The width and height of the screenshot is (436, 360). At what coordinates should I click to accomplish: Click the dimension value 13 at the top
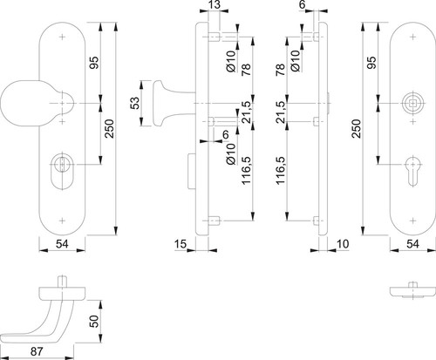click(215, 5)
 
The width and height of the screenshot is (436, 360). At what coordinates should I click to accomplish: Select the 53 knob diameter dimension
click(135, 103)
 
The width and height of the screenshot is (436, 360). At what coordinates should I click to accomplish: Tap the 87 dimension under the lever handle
click(37, 351)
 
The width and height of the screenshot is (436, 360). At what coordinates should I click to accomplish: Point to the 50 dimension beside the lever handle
click(94, 322)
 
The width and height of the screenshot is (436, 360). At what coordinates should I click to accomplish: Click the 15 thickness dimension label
click(181, 244)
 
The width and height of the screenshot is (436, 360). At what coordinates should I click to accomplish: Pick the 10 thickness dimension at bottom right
click(343, 244)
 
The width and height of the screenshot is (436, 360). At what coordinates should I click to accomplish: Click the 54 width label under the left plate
click(62, 244)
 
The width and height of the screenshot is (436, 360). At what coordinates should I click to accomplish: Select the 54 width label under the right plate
click(412, 244)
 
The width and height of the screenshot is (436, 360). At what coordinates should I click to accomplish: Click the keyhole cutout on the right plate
click(413, 171)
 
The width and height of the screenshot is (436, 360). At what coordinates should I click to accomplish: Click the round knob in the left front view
click(24, 104)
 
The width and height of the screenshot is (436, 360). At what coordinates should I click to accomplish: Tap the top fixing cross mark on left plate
click(62, 37)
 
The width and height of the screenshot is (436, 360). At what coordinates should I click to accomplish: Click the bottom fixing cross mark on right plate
click(413, 221)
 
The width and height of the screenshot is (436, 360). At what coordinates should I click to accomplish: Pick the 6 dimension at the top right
click(303, 5)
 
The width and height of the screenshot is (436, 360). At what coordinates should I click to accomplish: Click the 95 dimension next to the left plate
click(94, 63)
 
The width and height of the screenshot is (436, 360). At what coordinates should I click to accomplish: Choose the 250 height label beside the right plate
click(357, 128)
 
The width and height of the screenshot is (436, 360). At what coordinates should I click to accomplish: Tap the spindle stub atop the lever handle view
click(62, 282)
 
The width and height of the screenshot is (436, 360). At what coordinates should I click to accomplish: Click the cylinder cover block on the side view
click(192, 172)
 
